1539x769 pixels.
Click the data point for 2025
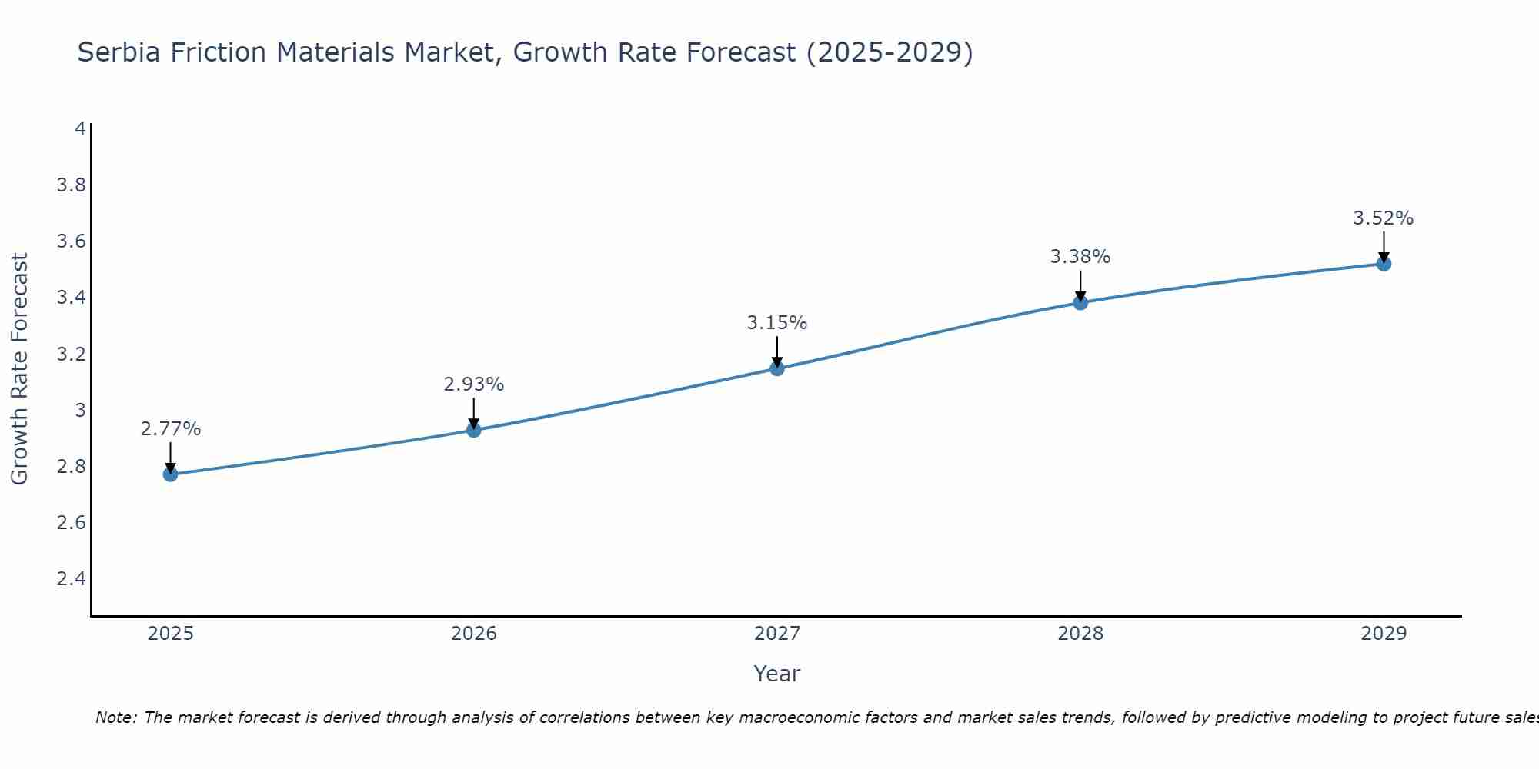170,474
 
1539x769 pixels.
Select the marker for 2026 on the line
474,430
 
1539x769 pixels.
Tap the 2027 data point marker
777,368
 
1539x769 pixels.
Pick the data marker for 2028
1080,302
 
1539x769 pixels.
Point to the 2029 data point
1384,264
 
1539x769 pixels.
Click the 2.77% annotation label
170,429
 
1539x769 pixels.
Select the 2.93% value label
474,384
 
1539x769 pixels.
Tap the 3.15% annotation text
777,323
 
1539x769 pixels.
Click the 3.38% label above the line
1080,257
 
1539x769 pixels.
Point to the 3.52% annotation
1384,218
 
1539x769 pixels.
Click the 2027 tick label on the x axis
777,634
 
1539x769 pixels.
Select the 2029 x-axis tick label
1384,634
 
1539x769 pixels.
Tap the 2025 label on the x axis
170,634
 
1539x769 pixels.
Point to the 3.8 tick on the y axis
72,185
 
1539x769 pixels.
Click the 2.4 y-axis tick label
72,578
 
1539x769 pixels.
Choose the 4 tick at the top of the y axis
80,128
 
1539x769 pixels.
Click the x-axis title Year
777,674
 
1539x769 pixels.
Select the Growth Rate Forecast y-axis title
19,369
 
